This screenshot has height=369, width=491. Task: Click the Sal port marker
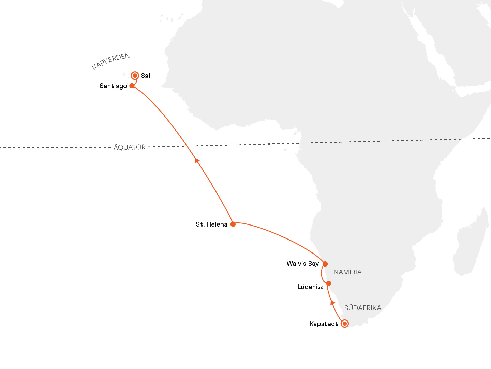click(x=135, y=76)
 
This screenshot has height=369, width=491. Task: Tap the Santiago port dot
click(x=132, y=86)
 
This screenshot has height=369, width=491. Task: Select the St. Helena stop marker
click(x=233, y=224)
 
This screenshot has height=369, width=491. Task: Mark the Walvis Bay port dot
click(x=325, y=264)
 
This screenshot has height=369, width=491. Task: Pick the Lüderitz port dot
click(x=329, y=283)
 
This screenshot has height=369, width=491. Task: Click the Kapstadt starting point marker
click(x=345, y=324)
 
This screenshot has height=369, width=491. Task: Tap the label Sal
click(x=145, y=76)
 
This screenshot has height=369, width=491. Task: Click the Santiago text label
click(x=113, y=86)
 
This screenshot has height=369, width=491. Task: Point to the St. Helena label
click(x=211, y=224)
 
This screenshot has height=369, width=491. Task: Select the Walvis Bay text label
click(x=302, y=264)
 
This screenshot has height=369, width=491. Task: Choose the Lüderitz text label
click(x=310, y=287)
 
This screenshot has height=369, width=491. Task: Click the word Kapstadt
click(x=324, y=324)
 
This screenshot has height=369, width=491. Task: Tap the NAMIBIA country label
click(x=347, y=272)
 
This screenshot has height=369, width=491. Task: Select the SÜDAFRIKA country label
click(x=362, y=308)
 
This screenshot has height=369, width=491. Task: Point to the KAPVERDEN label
click(x=111, y=61)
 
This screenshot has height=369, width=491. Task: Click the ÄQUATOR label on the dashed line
click(x=130, y=147)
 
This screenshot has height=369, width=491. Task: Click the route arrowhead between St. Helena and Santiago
click(x=197, y=160)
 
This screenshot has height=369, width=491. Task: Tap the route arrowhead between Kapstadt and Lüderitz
click(x=333, y=302)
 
